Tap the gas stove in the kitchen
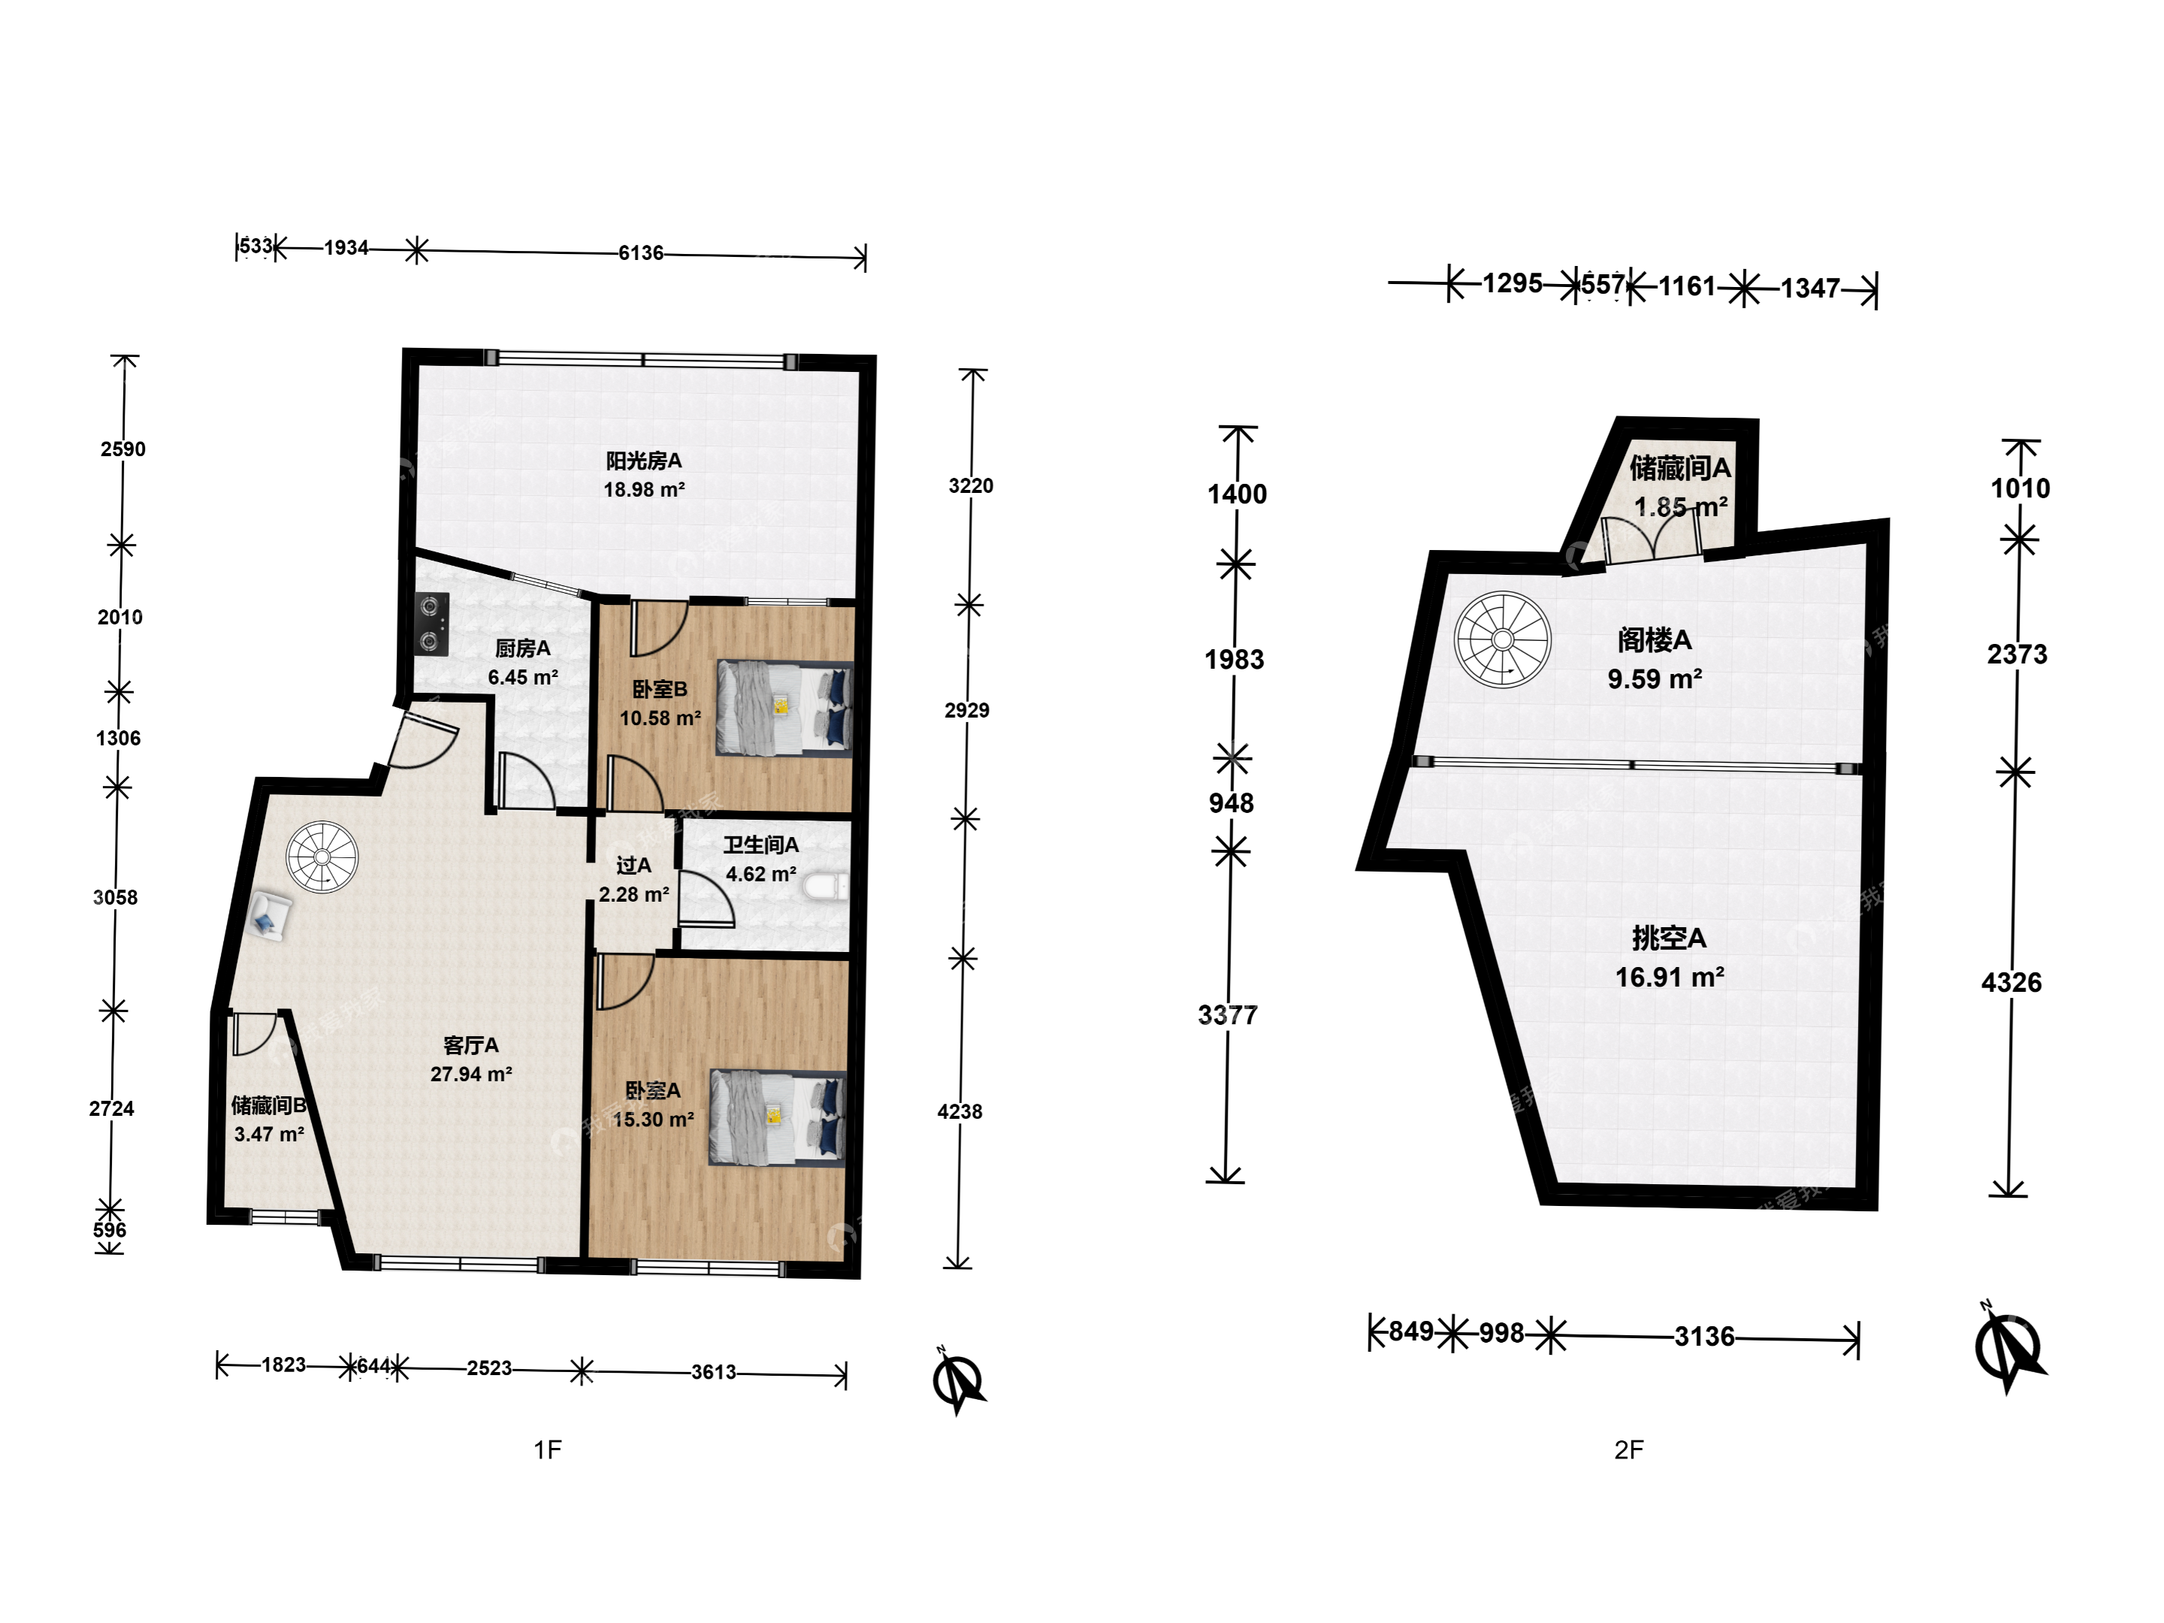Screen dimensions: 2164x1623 (431, 624)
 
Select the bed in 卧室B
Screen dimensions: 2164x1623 (784, 709)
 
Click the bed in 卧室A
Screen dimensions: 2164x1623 (778, 1117)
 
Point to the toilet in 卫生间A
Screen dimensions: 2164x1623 (826, 887)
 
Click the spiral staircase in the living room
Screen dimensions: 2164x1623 (322, 857)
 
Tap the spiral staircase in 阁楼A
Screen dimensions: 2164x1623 (1502, 640)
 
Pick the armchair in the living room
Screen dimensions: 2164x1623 (268, 917)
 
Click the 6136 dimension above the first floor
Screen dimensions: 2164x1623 (641, 253)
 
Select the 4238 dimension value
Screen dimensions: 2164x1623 (960, 1111)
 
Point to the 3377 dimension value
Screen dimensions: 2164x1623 (1228, 1014)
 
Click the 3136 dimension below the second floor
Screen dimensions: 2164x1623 (1704, 1337)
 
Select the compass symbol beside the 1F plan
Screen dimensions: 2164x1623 (958, 1381)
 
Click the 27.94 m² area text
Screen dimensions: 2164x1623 (472, 1074)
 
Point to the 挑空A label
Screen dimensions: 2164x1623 (1669, 938)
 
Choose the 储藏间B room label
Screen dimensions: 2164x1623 (269, 1105)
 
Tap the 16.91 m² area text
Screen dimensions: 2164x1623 (1670, 976)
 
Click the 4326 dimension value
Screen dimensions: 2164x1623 (2011, 982)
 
